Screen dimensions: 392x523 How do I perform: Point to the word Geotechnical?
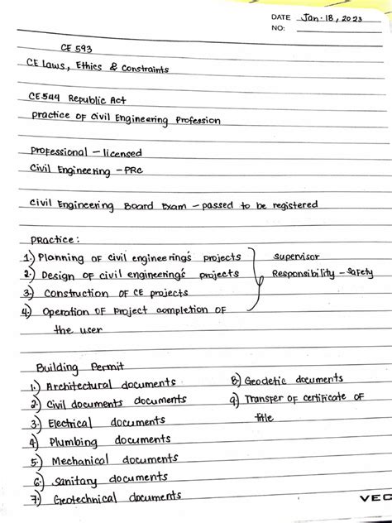point(82,499)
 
